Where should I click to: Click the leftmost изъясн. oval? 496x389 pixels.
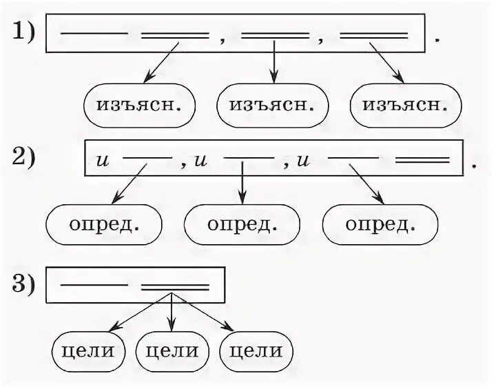pos(139,106)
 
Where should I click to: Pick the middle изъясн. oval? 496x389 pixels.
pos(272,106)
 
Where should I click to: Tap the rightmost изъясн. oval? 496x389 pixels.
pos(405,106)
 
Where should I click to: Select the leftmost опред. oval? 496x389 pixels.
pos(105,225)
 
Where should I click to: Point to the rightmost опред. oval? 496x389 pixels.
pos(380,225)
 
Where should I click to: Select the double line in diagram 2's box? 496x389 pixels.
pos(423,160)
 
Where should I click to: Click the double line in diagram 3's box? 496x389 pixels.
pos(175,285)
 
